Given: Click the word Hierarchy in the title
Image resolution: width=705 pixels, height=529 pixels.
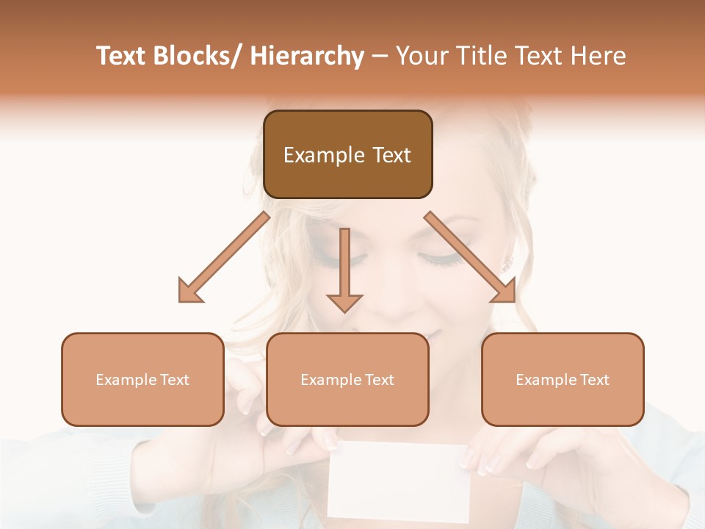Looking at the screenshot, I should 306,57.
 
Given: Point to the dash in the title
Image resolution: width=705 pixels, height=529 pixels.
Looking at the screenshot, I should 380,57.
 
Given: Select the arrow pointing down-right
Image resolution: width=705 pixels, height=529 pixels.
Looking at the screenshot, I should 470,257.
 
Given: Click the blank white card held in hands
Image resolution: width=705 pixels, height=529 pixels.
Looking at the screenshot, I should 397,481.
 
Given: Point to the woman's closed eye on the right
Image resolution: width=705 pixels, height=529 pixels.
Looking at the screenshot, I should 439,258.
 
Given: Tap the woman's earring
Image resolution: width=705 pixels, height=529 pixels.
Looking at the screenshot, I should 506,261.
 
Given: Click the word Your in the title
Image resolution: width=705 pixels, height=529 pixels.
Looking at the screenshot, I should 422,57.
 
